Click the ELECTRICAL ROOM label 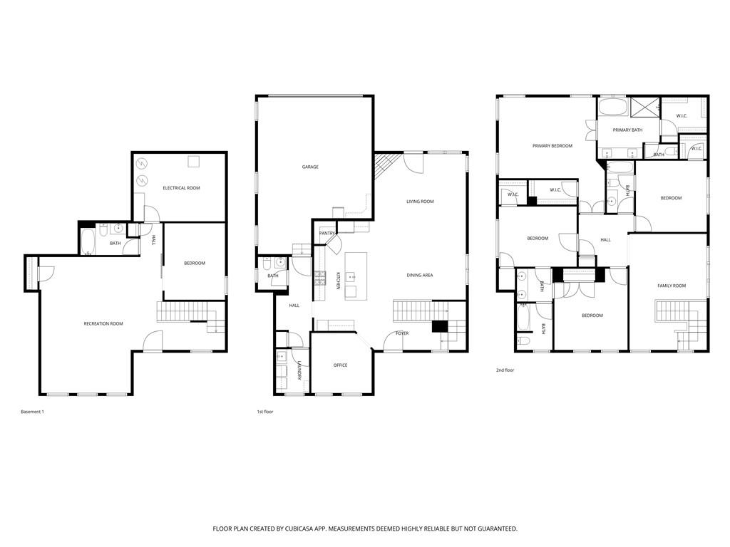point(181,188)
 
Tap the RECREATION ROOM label point(103,324)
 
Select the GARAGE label point(310,167)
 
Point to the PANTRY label point(327,233)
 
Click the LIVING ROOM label point(420,202)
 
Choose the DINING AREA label point(420,275)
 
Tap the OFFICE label point(341,365)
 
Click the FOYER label point(402,333)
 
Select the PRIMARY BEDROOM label point(552,146)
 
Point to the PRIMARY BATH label point(627,130)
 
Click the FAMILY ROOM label point(671,286)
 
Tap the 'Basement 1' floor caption point(33,412)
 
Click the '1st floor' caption point(266,412)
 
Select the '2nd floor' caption point(505,370)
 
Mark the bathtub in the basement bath point(88,241)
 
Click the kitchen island point(356,276)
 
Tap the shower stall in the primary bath point(645,108)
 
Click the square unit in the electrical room point(194,162)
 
